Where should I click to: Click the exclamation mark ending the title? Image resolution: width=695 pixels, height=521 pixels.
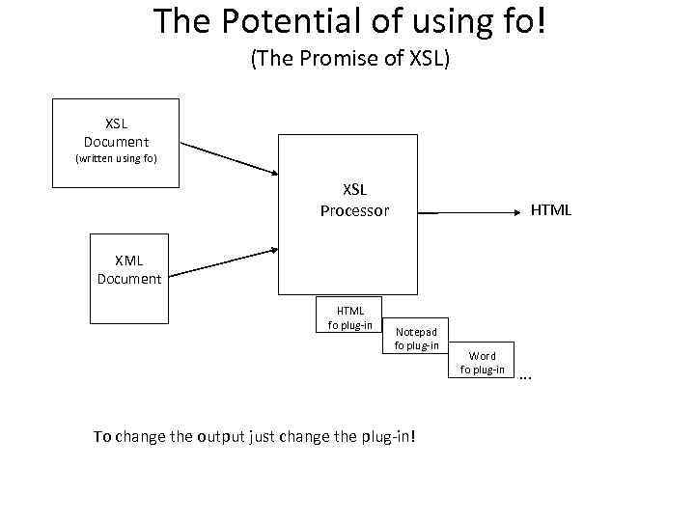click(x=541, y=21)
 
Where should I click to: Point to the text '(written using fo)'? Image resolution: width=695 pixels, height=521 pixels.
click(x=116, y=158)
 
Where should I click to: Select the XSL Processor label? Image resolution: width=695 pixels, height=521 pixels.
click(x=354, y=201)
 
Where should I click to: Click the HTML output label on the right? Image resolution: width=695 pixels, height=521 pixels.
click(x=551, y=209)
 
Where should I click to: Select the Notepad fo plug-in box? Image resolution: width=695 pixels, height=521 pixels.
click(x=416, y=338)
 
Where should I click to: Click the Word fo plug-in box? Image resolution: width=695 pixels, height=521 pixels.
click(x=482, y=362)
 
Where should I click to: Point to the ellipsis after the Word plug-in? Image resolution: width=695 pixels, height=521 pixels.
click(x=525, y=376)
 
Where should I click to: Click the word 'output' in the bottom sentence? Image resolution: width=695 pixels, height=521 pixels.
click(x=226, y=436)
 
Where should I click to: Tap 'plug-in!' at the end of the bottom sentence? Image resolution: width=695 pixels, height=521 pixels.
click(x=388, y=436)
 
